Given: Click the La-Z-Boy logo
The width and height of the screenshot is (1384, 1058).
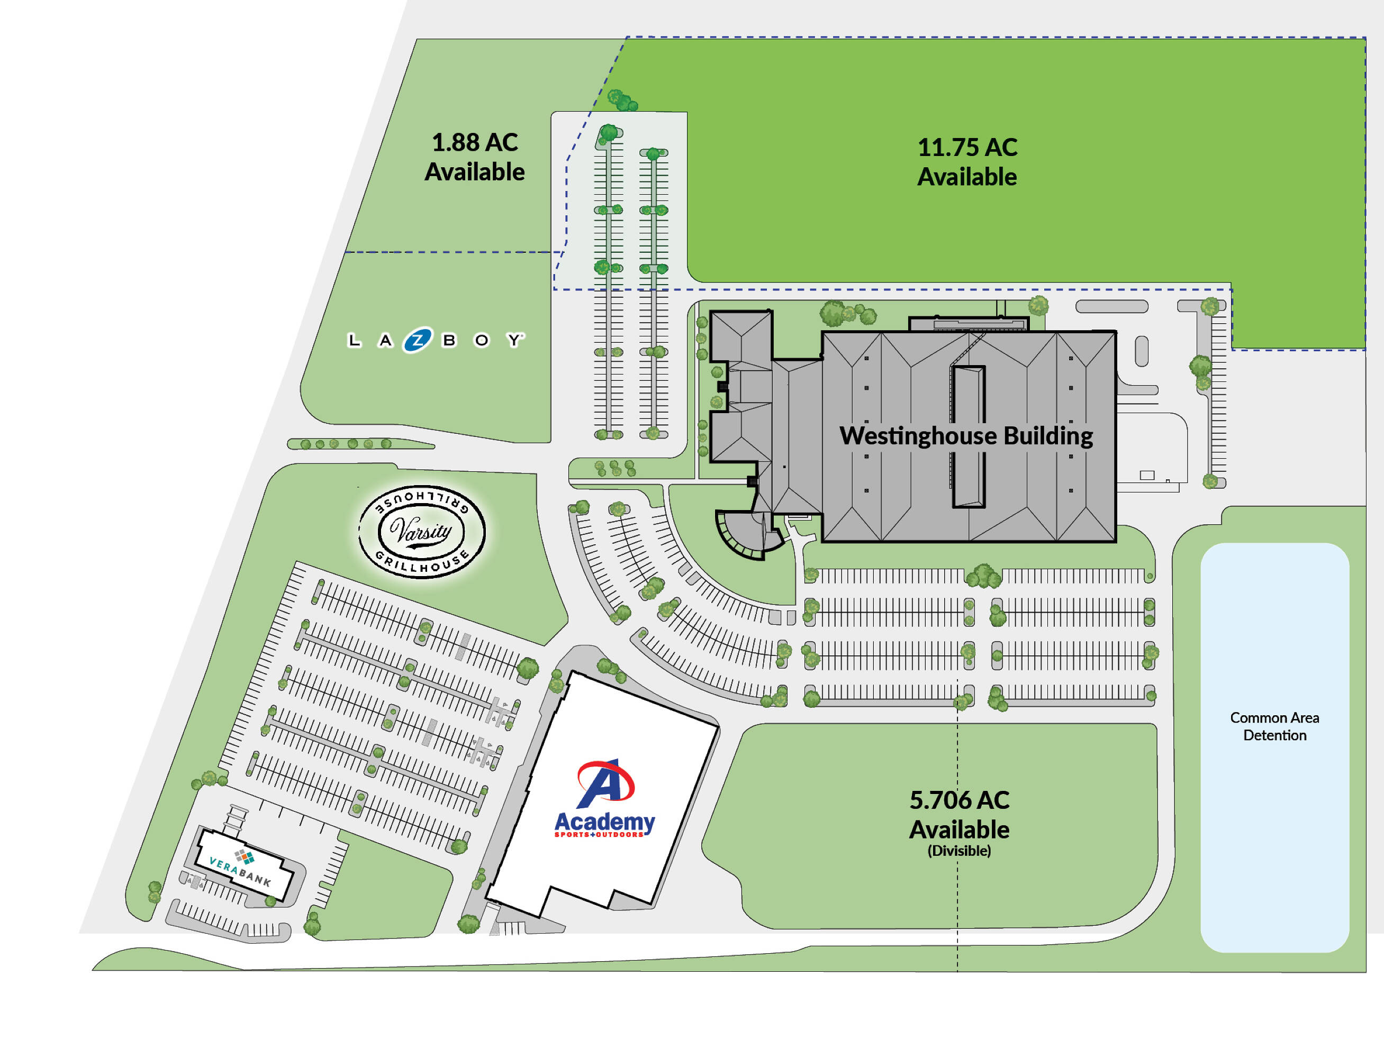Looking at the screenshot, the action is click(435, 340).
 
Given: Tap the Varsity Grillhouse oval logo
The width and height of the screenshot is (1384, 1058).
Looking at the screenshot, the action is click(422, 532).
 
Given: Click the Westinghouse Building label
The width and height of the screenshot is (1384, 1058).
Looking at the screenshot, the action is click(966, 436).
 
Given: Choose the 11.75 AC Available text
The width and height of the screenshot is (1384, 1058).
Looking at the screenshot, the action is click(967, 162).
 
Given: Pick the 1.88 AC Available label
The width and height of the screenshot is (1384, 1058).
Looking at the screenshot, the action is click(474, 157).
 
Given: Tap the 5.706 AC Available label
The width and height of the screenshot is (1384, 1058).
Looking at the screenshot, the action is click(959, 814).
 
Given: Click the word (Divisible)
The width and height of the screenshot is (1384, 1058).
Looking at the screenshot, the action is click(959, 851).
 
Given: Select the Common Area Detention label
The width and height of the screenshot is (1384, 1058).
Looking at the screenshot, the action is click(1274, 726).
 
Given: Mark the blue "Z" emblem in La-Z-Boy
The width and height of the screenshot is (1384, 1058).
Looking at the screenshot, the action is click(418, 340).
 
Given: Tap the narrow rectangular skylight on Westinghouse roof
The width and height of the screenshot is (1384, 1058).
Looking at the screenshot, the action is click(968, 436).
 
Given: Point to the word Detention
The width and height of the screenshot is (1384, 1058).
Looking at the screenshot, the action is click(1274, 735).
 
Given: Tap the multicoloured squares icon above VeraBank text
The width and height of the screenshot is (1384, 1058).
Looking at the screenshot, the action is click(245, 856).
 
